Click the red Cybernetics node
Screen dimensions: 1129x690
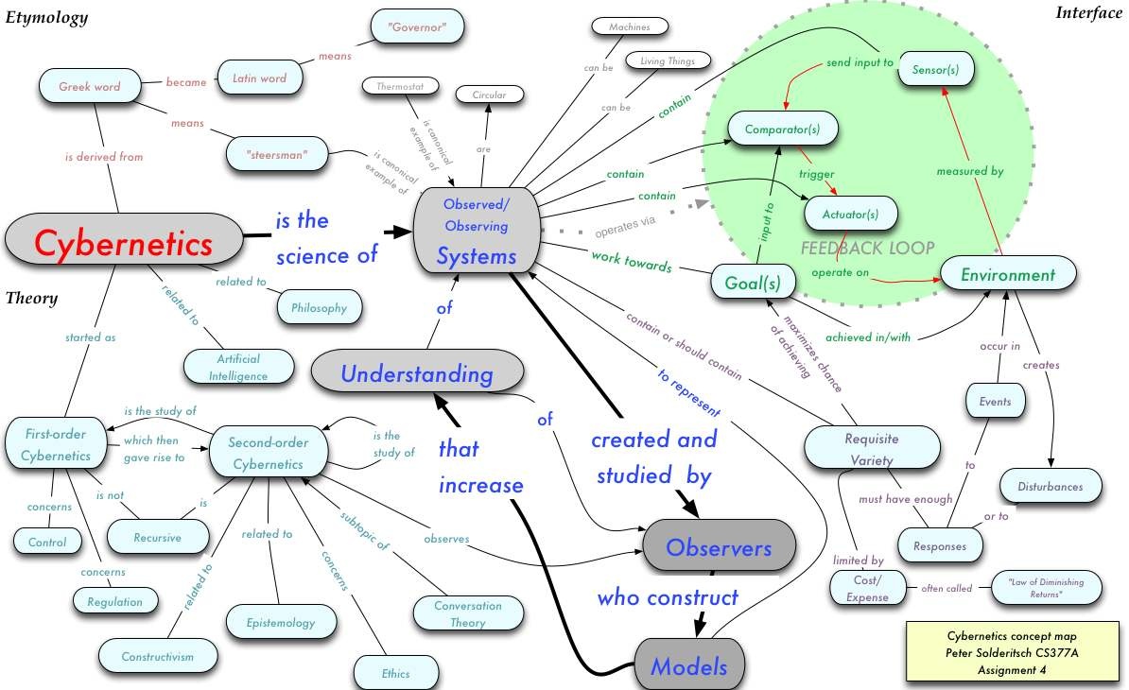[124, 240]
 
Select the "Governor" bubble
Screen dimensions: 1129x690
[417, 26]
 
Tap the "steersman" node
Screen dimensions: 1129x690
[277, 154]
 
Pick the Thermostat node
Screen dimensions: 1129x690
[400, 86]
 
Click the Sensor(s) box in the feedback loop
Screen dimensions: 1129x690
[935, 69]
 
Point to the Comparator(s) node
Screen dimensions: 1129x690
[782, 129]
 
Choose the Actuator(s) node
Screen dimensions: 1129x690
[850, 214]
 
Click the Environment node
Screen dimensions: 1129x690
[1007, 274]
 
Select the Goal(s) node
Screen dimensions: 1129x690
[753, 282]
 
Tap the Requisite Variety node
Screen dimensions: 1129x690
[871, 448]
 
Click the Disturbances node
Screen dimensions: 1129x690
[1050, 486]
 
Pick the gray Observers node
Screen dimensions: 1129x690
[719, 547]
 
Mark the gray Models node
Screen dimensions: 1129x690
[689, 664]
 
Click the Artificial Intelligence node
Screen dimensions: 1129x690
[238, 367]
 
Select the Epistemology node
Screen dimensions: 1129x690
[281, 622]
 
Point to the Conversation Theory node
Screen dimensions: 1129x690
[468, 613]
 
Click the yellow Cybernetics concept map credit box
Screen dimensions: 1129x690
[1012, 652]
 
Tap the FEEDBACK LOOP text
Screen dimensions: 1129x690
[868, 249]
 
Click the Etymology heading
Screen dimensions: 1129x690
[46, 17]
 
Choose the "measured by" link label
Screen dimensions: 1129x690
[970, 170]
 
